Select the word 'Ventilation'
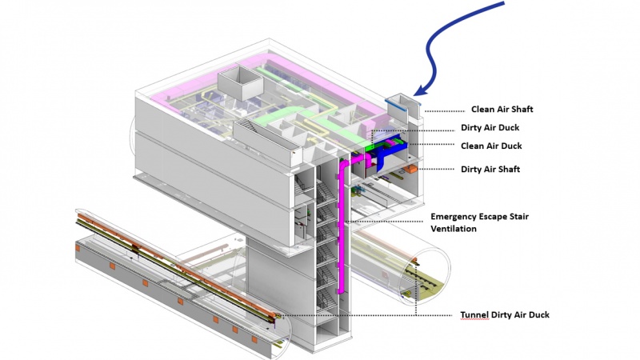(454, 229)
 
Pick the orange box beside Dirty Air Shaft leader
(410, 169)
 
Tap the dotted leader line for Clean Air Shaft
(444, 110)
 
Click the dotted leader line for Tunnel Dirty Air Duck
(368, 314)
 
